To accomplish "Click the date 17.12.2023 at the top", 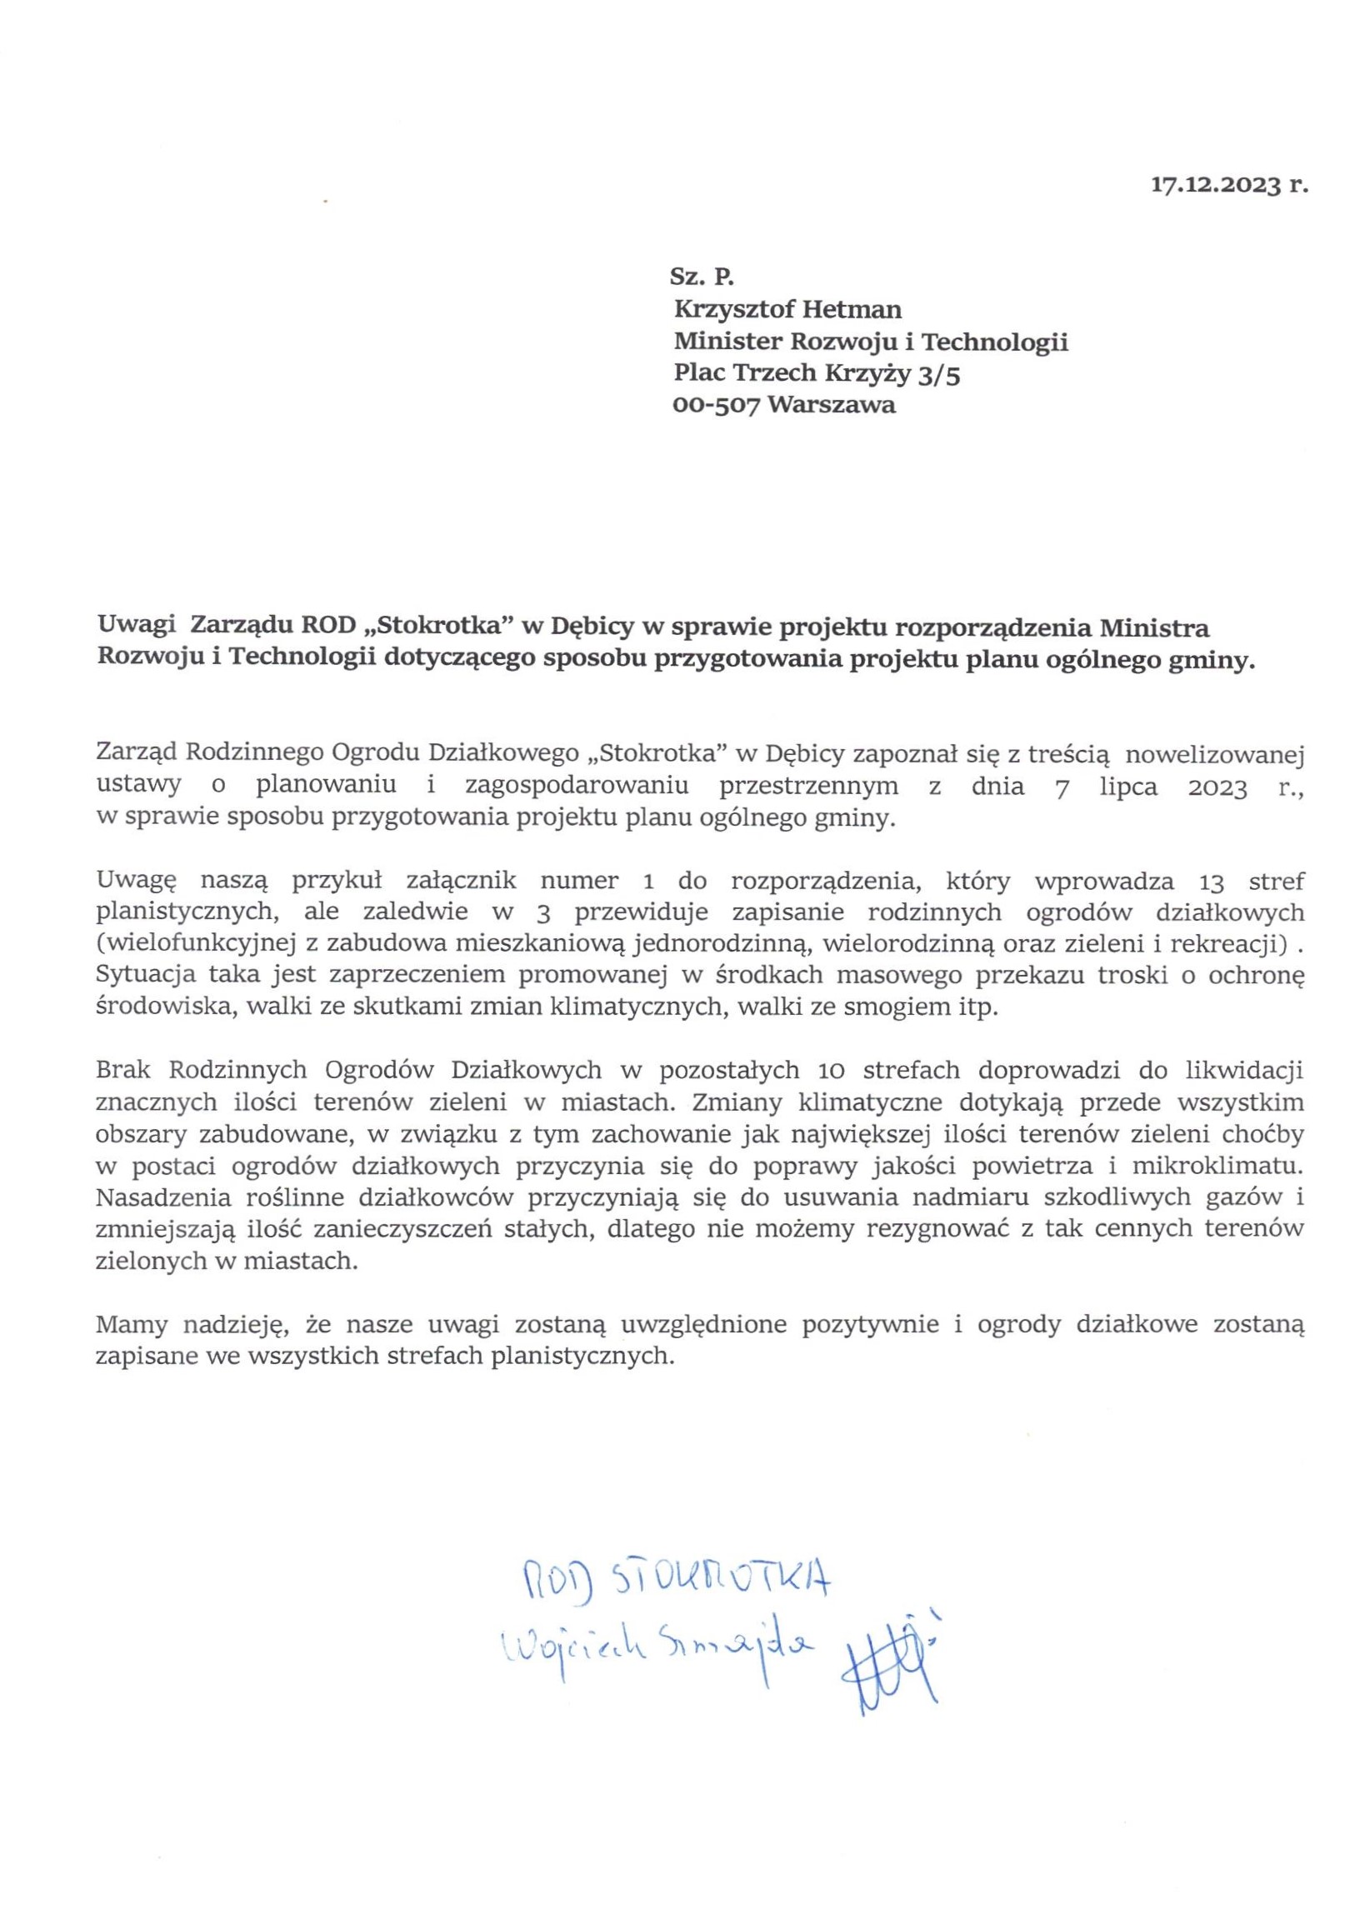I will [1216, 184].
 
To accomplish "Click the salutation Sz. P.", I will [701, 277].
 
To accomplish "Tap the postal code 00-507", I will [715, 406].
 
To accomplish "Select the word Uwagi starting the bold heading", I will [132, 627].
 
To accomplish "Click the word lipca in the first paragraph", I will [1127, 786].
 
